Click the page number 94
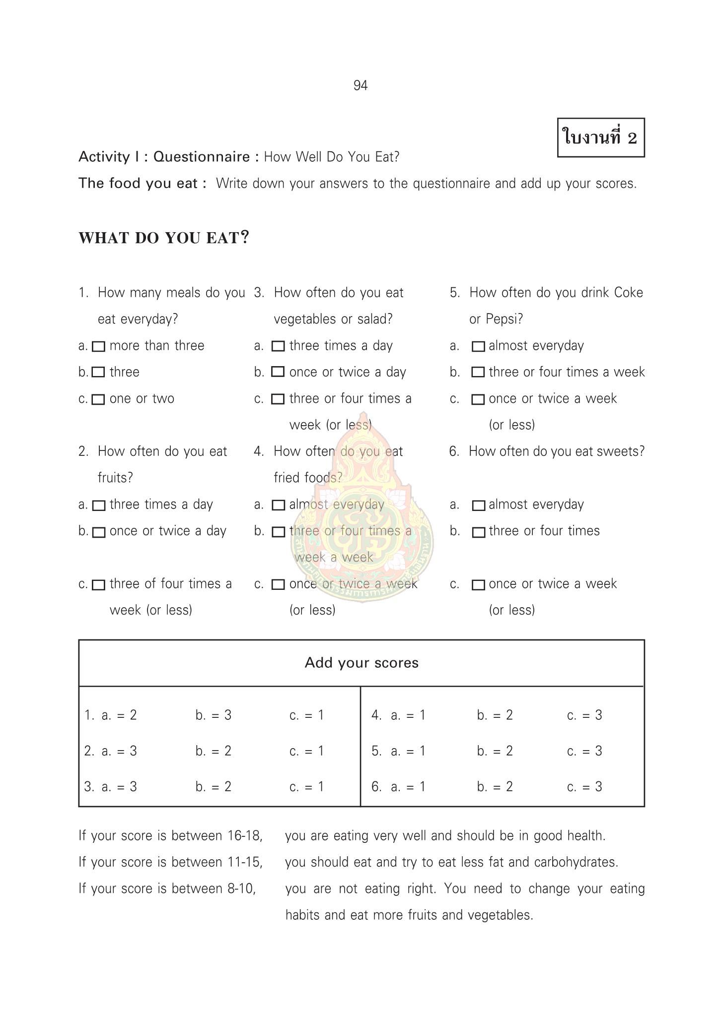[x=361, y=86]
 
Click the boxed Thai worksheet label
[x=600, y=137]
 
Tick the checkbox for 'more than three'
[x=99, y=346]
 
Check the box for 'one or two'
[x=99, y=399]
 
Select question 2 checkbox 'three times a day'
[x=99, y=506]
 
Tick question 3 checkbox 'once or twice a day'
[x=278, y=372]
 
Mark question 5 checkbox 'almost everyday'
[x=478, y=346]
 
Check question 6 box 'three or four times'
[x=478, y=532]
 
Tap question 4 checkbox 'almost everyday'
[x=279, y=505]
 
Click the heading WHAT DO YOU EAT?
[x=163, y=238]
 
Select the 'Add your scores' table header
[x=361, y=663]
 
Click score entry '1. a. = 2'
[x=111, y=715]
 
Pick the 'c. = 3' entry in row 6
[x=584, y=787]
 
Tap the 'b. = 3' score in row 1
[x=214, y=715]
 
